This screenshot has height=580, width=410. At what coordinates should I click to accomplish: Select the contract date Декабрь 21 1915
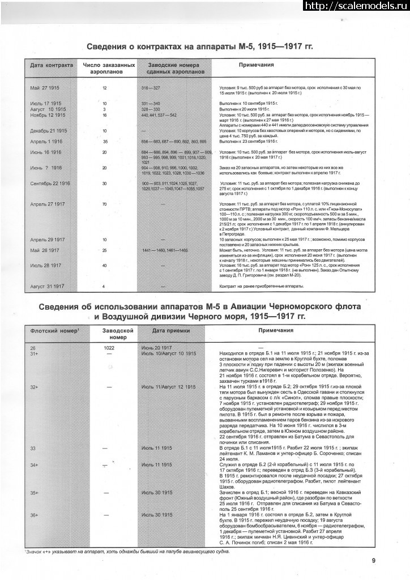[49, 130]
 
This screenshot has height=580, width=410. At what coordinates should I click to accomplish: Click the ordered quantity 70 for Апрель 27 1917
[105, 203]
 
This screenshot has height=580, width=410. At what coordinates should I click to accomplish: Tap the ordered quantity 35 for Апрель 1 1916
[105, 140]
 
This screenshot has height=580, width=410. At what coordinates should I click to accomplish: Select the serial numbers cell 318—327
[151, 88]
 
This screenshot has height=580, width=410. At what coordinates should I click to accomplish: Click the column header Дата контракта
[52, 65]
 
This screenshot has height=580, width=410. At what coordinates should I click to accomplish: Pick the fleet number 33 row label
[33, 448]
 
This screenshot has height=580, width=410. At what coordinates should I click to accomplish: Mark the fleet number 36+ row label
[35, 515]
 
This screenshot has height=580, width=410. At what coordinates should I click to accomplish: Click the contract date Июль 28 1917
[46, 265]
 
